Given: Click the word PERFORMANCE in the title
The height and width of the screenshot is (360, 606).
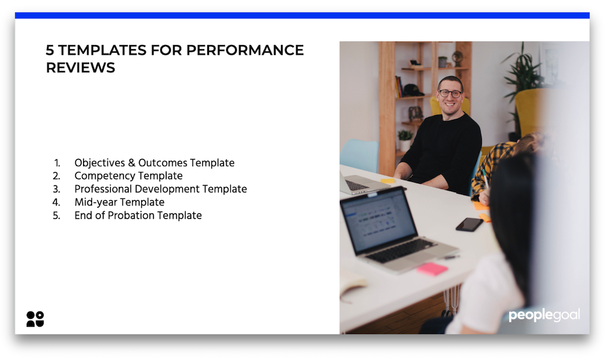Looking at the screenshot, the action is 245,50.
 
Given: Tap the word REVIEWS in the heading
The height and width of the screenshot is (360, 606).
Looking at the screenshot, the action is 81,68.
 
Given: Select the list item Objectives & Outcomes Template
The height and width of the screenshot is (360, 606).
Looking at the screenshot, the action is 154,163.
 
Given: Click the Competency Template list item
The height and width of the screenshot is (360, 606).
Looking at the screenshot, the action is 128,176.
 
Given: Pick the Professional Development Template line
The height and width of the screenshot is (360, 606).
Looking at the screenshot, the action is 161,189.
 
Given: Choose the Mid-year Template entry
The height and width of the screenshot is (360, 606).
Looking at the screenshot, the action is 119,202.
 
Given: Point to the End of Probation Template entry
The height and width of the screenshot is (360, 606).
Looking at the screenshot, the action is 138,215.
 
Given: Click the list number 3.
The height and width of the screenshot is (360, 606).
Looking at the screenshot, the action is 56,189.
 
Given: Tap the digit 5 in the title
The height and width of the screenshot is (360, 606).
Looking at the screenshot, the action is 50,50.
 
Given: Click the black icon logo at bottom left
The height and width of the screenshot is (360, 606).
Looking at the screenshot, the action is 35,319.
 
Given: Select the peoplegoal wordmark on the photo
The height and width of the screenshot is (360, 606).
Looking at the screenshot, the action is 544,315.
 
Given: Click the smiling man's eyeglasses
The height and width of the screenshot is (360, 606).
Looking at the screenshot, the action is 450,93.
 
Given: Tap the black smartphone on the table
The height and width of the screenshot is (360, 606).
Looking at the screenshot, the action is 469,224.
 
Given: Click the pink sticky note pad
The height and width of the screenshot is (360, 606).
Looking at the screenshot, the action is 432,268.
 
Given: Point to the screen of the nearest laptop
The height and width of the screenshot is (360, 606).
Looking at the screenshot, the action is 378,221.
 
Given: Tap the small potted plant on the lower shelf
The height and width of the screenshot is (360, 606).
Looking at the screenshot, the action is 405,140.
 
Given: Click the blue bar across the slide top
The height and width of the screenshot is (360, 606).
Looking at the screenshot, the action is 302,16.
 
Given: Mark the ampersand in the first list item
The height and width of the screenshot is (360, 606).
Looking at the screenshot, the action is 132,163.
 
